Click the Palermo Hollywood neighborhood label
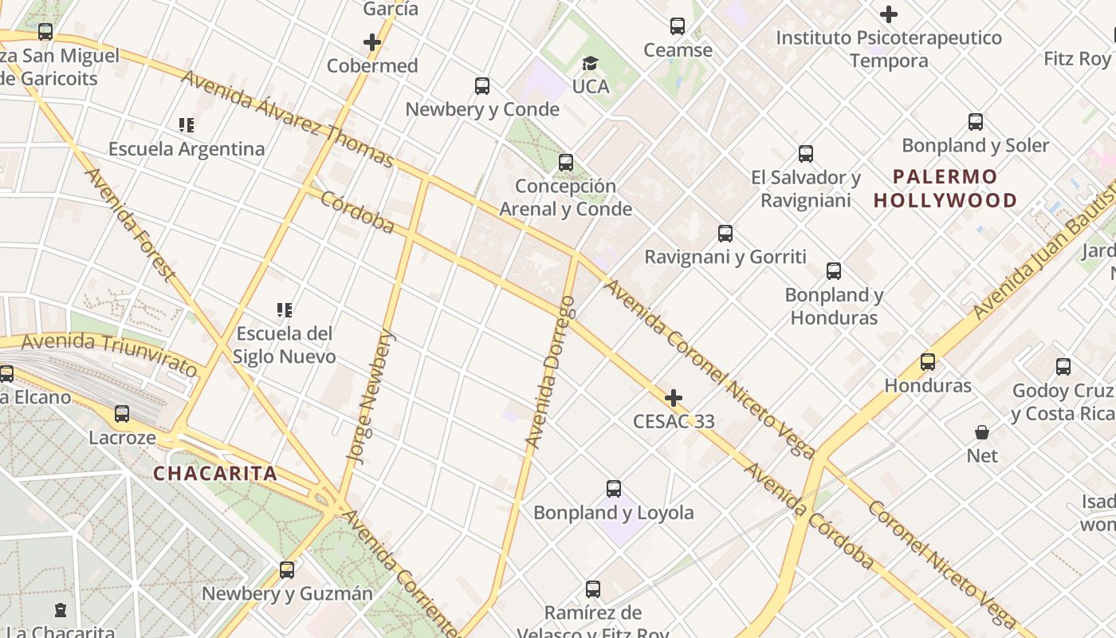(x=945, y=188)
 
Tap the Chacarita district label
(x=215, y=474)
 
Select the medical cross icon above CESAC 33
(x=674, y=397)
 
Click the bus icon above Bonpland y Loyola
(x=613, y=489)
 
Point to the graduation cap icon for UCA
(x=590, y=63)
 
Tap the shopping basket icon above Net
(x=982, y=432)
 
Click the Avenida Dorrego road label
(x=550, y=372)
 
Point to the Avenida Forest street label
(x=129, y=225)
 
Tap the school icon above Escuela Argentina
(x=187, y=125)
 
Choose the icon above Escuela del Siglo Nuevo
(x=285, y=309)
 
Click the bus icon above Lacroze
(x=121, y=414)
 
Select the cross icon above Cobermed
(x=372, y=42)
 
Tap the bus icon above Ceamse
(x=678, y=26)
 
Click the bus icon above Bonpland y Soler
(x=975, y=122)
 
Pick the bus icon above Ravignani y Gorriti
(x=725, y=234)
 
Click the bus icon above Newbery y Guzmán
(x=287, y=570)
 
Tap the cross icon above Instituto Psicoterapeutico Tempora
(x=889, y=14)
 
